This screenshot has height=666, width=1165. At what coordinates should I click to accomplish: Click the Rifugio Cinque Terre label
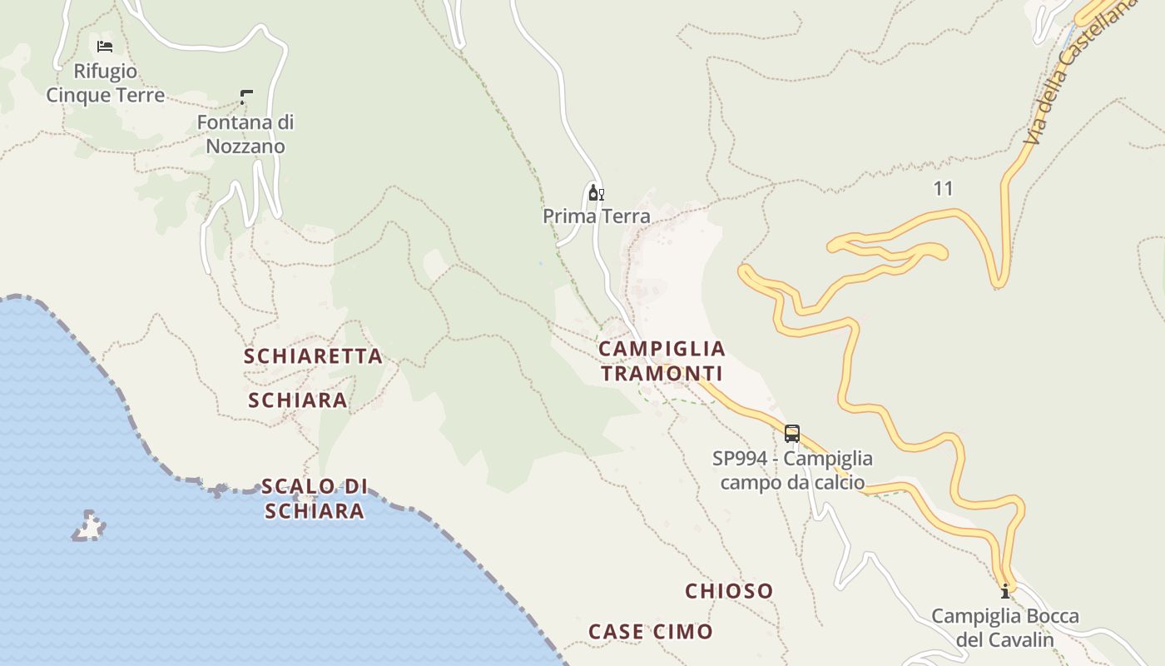[105, 83]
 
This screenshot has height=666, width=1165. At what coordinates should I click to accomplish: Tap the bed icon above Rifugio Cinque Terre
[105, 47]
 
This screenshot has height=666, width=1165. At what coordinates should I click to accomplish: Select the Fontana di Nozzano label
[245, 134]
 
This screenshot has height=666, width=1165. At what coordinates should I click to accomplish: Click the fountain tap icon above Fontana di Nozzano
[246, 97]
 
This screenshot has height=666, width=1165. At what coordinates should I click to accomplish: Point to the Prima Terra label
[597, 216]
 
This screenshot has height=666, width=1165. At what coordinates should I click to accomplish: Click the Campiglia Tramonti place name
[662, 361]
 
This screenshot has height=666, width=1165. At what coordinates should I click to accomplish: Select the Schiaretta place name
[313, 356]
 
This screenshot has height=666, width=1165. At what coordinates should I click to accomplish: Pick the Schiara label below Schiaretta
[298, 400]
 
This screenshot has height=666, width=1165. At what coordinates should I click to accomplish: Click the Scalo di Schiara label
[315, 499]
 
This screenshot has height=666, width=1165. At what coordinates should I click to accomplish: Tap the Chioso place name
[729, 592]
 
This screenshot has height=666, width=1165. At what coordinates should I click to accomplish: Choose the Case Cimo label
[651, 632]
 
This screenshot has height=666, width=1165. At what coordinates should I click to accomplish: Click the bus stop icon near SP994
[792, 434]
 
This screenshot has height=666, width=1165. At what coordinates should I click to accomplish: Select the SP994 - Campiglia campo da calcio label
[792, 470]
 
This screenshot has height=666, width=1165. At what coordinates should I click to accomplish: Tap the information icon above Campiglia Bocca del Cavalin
[1005, 592]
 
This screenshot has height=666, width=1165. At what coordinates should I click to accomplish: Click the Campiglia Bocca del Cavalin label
[1005, 628]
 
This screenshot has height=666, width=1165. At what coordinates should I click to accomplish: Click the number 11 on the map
[943, 189]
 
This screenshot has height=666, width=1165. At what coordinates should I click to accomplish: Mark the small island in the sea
[89, 526]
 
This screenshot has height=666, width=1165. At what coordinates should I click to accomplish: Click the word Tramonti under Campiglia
[662, 374]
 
